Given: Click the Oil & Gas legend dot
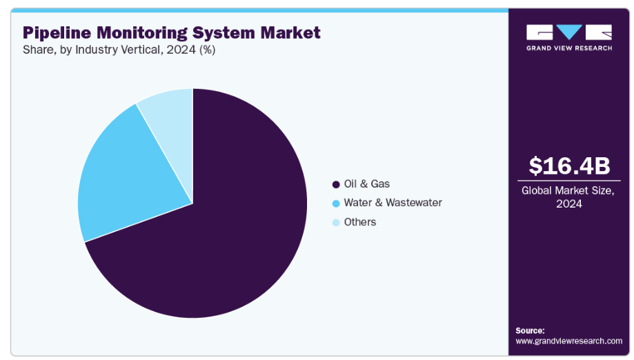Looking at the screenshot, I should click(335, 184).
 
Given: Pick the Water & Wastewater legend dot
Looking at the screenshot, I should click(335, 203).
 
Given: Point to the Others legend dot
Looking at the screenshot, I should click(335, 223).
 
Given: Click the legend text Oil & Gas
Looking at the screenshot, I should click(366, 184).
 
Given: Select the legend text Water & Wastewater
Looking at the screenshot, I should click(393, 203).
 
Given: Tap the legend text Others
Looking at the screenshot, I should click(360, 222).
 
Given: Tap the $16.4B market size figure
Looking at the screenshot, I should click(569, 166).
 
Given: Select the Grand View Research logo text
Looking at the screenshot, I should click(569, 48).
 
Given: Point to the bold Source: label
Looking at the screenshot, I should click(530, 330).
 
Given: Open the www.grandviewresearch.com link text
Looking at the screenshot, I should click(569, 341).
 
